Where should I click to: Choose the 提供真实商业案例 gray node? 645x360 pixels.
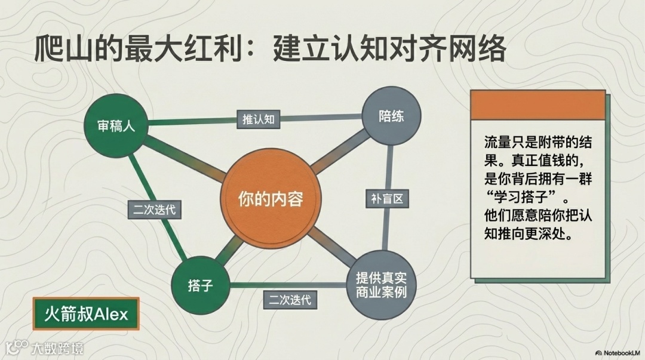[380, 285]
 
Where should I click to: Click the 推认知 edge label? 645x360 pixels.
[258, 119]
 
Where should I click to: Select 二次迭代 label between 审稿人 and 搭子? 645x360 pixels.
[155, 210]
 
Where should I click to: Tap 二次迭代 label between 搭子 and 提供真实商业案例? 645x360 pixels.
[290, 299]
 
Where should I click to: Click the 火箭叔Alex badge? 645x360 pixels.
[86, 314]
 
